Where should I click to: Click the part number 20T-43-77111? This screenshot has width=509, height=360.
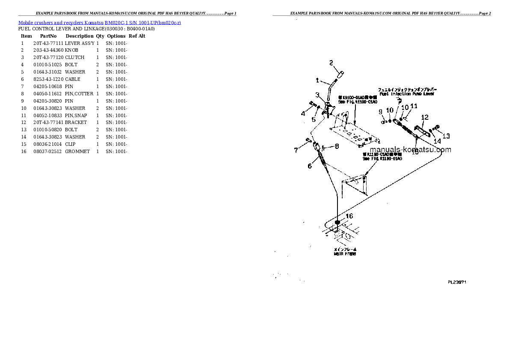48,43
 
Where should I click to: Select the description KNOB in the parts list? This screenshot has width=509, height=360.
71,50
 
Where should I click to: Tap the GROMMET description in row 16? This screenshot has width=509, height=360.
77,151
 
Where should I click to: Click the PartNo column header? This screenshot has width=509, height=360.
48,36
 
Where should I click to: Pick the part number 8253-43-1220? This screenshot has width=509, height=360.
48,79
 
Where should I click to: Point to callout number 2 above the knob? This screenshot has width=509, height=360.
331,63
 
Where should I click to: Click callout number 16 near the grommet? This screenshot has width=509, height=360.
349,216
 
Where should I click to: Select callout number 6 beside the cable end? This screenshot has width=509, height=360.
310,166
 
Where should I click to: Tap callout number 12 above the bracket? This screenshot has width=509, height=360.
424,117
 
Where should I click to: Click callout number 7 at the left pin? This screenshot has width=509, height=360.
296,150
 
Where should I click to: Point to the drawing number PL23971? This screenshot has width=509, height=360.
457,282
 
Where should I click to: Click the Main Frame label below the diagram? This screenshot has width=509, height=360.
344,254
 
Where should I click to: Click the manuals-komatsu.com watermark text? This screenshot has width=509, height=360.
410,150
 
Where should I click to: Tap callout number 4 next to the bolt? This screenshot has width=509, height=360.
303,114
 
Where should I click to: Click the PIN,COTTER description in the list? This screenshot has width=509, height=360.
79,94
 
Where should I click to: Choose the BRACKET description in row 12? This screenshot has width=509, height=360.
76,122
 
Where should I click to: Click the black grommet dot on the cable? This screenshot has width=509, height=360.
337,223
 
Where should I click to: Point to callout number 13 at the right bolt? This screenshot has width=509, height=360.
446,136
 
